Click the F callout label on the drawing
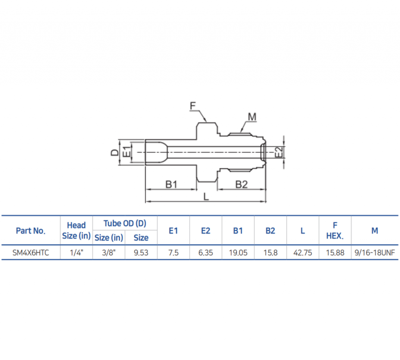coord(193,105)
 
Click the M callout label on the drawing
coord(252,116)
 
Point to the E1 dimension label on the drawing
coord(126,152)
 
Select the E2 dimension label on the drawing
coord(279,152)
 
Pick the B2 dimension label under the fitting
coord(241,184)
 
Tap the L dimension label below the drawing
coord(206,197)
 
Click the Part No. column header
coord(30,231)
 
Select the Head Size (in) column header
coord(76,231)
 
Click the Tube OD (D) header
coord(125,223)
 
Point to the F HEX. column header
coord(335,231)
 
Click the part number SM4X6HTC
coord(30,253)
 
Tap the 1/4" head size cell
coord(76,253)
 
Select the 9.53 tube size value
coord(141,253)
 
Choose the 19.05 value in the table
coord(238,253)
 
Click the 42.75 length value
coord(303,253)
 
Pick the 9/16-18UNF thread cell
coord(375,253)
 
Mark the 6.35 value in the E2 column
coord(205,253)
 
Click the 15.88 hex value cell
coord(335,253)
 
